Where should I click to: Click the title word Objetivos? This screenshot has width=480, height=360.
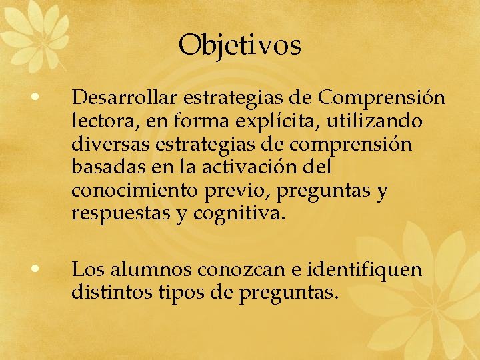240,45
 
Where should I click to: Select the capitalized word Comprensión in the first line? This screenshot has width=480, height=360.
382,98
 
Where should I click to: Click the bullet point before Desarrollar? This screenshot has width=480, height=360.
38,98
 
